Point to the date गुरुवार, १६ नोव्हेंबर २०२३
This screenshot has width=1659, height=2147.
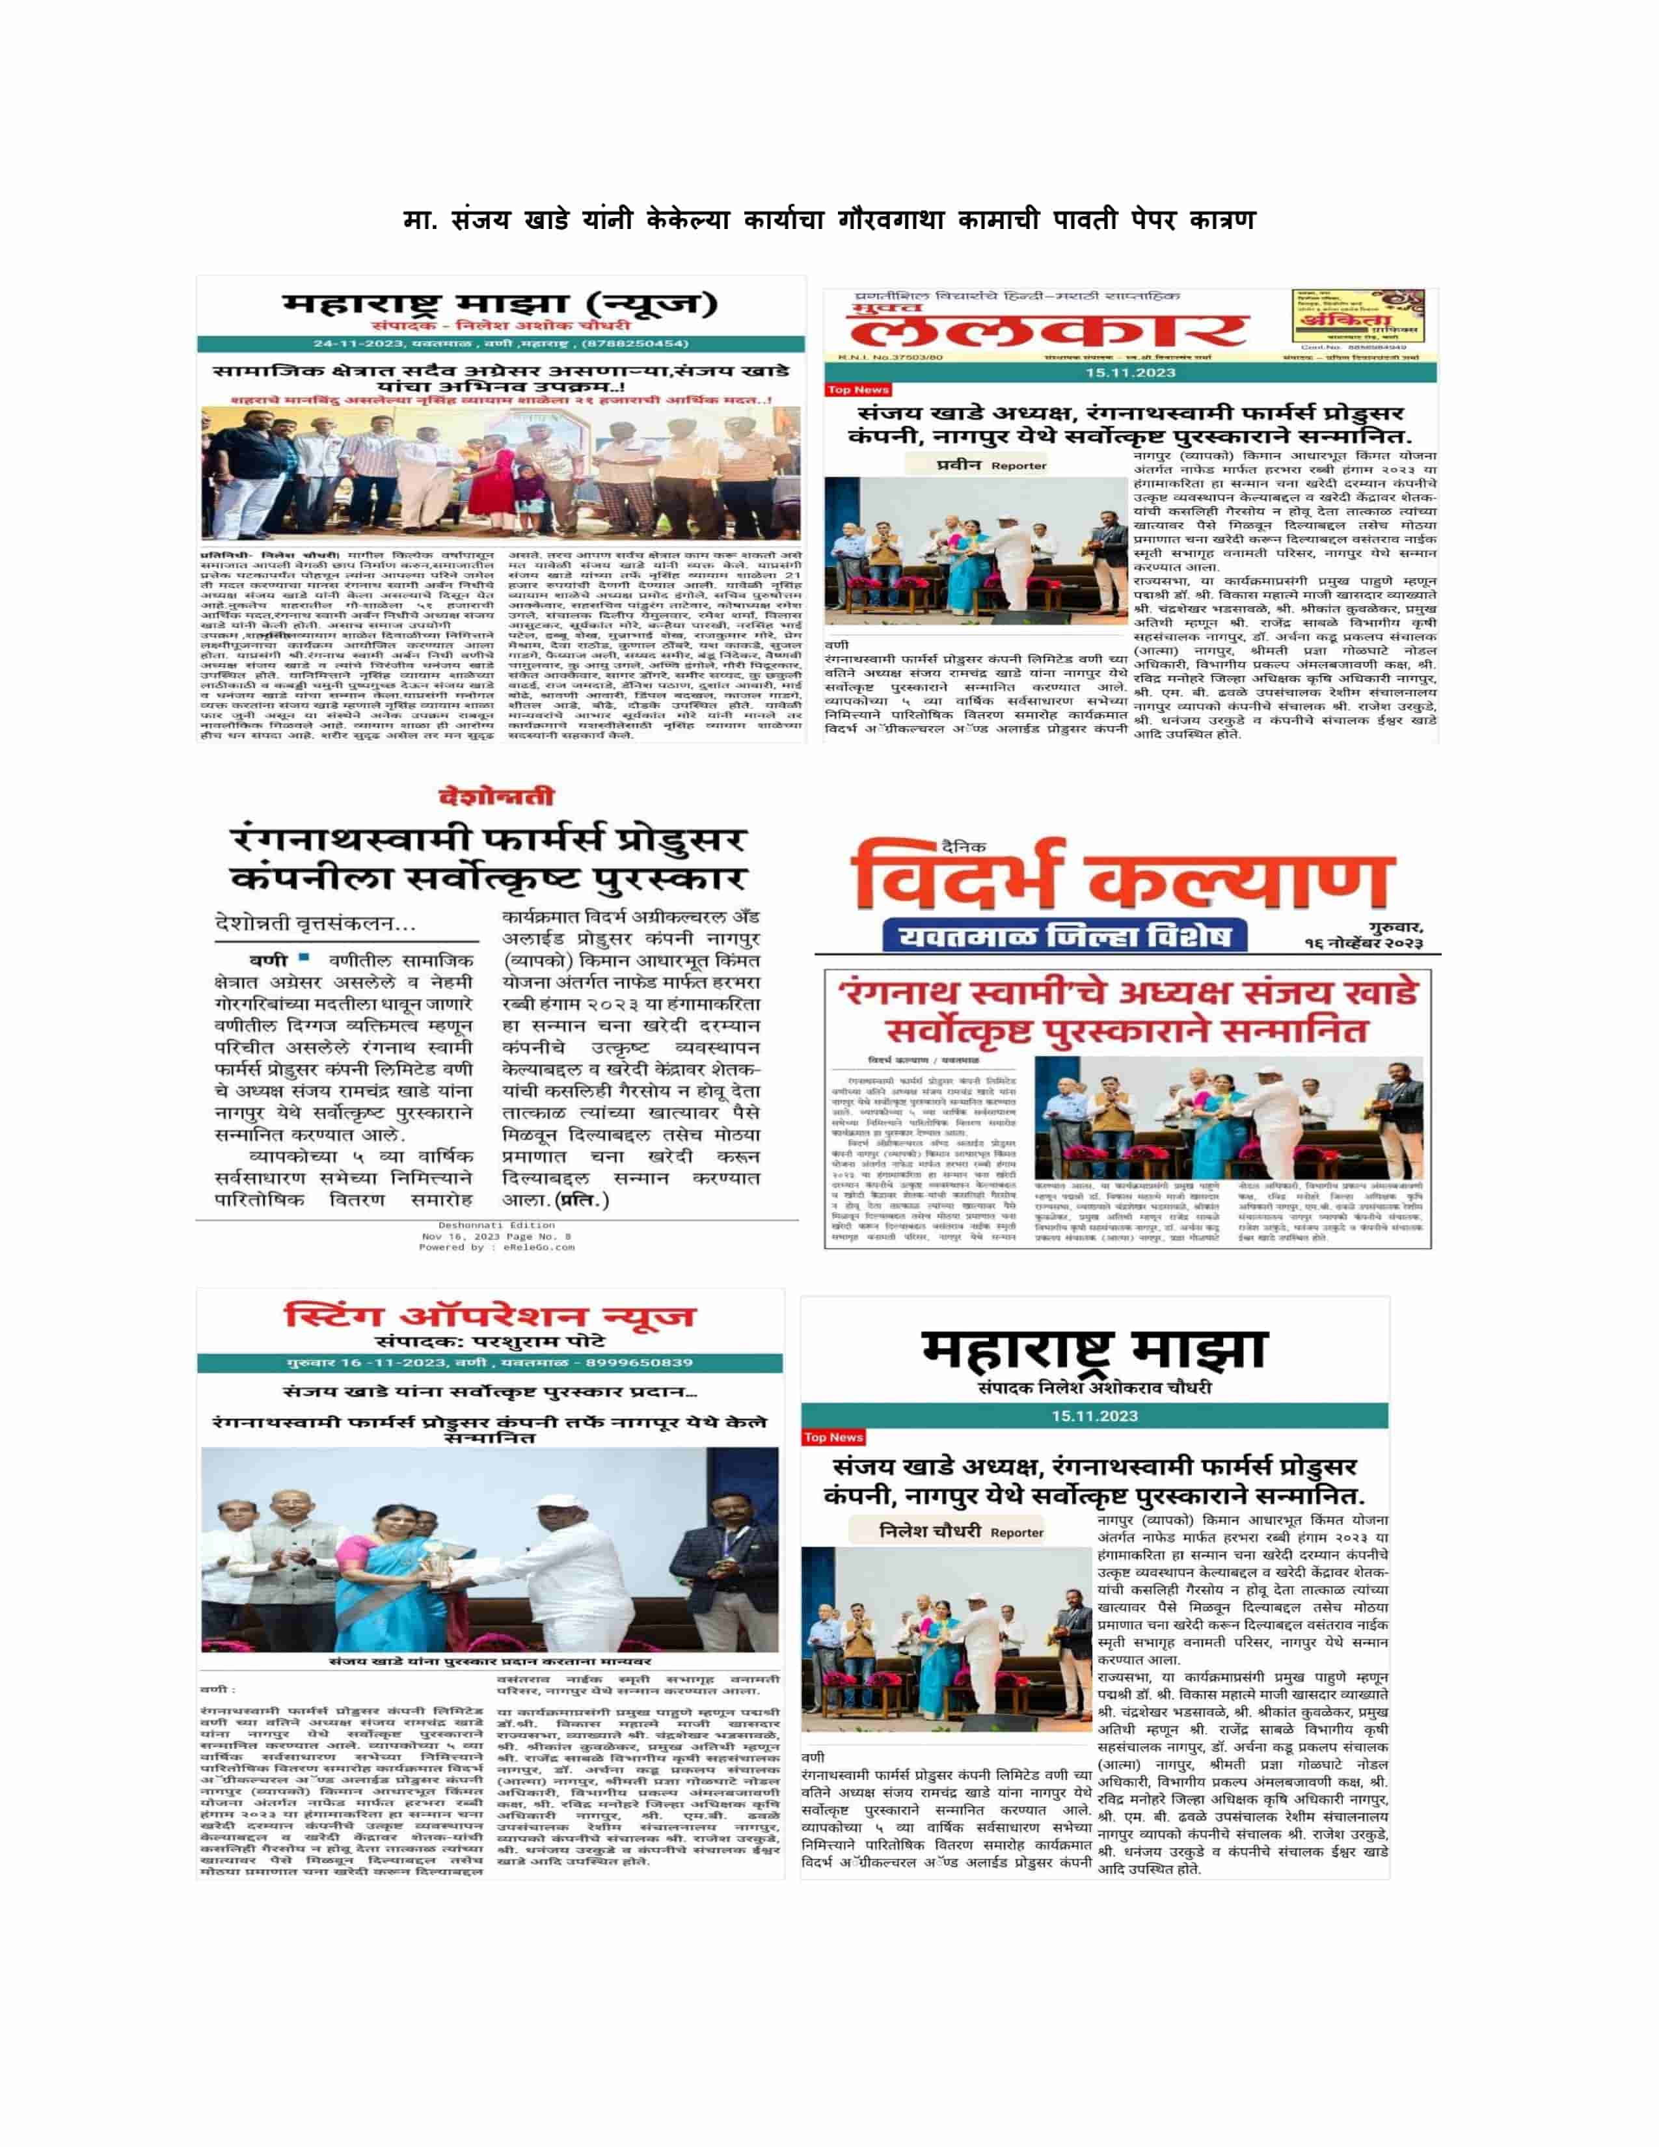click(1363, 935)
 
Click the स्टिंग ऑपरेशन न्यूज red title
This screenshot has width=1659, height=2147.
click(489, 1316)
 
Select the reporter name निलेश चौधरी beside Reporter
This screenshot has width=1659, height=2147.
click(929, 1531)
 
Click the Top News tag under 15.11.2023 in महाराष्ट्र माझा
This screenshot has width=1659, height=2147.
click(833, 1437)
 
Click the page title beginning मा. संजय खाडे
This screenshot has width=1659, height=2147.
click(828, 219)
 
